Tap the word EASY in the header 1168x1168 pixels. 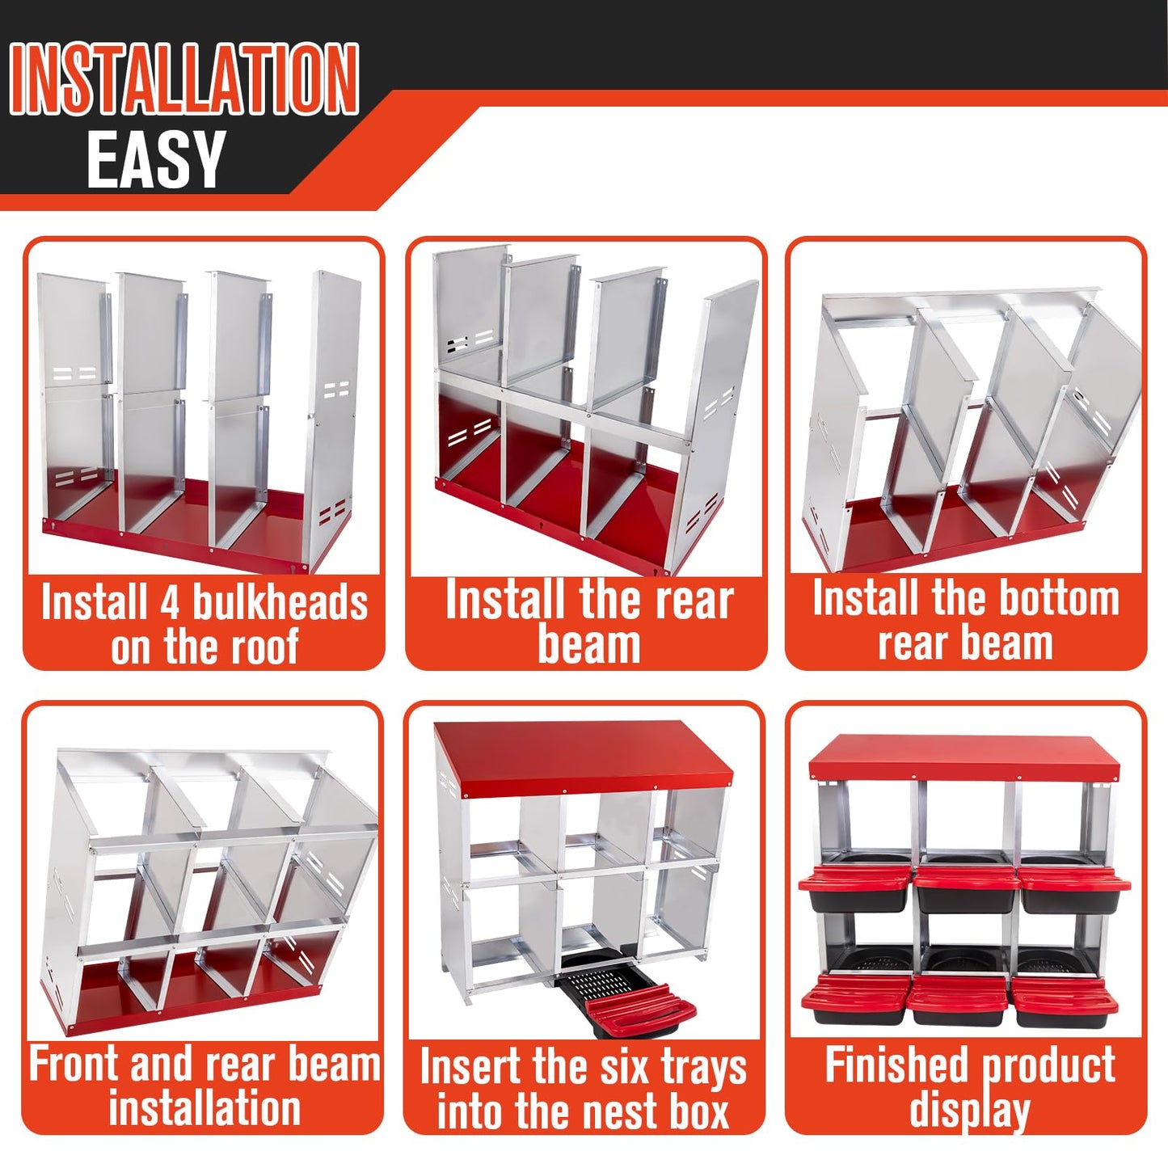click(x=156, y=160)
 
